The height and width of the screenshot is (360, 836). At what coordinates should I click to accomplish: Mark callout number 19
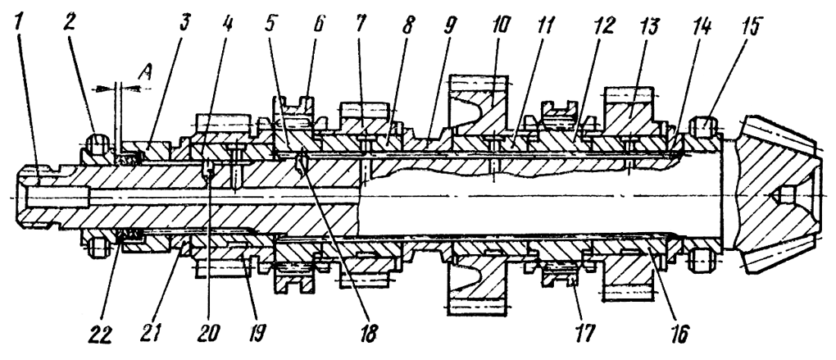pyautogui.click(x=243, y=337)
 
